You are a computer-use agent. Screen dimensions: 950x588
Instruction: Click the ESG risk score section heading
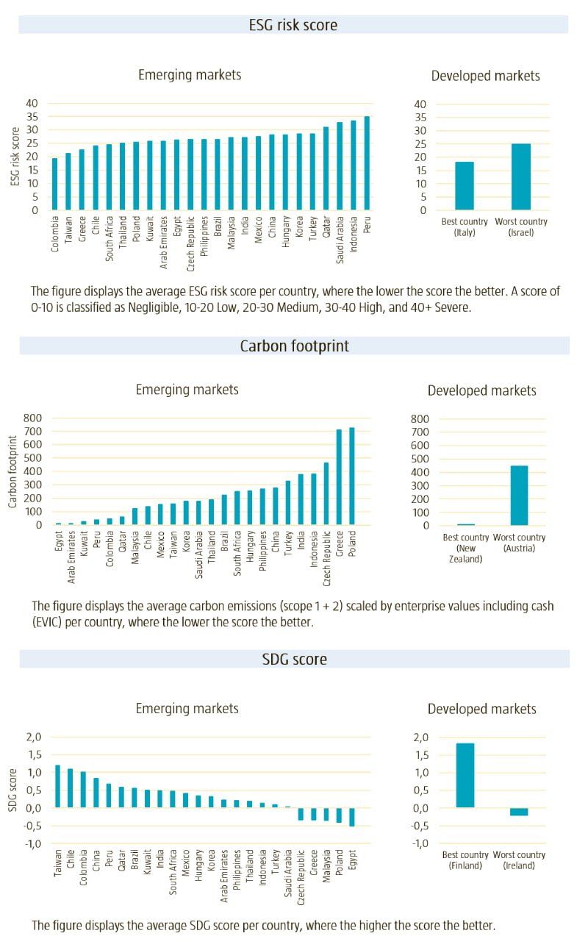coord(293,25)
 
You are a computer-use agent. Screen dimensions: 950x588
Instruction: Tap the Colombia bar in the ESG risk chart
coord(54,184)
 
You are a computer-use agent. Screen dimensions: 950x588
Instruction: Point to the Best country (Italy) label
coord(465,226)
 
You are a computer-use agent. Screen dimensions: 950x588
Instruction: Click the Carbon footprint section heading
coord(294,346)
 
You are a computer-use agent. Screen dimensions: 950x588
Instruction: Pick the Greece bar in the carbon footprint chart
coord(339,477)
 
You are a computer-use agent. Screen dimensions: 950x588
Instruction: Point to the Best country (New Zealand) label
coord(465,548)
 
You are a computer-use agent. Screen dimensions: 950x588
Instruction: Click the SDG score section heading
coord(294,659)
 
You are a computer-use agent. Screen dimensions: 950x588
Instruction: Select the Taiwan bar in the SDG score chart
coord(57,786)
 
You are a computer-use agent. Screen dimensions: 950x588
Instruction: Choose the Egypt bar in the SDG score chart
coord(352,817)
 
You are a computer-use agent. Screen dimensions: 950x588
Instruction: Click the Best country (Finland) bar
coord(465,776)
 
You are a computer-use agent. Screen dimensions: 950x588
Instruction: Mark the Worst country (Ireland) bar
coord(519,812)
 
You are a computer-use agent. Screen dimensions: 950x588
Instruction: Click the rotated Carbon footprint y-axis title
coord(12,471)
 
